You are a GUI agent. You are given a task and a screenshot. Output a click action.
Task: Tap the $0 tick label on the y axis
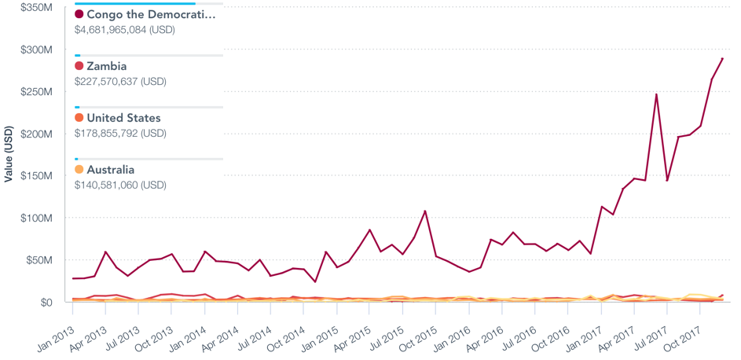point(46,302)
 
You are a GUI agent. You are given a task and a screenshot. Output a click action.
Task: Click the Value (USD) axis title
point(8,153)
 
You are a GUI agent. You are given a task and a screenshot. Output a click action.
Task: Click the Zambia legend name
point(106,66)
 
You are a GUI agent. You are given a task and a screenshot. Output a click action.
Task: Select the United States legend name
point(123,118)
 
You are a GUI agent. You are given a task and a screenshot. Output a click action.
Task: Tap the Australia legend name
point(110,170)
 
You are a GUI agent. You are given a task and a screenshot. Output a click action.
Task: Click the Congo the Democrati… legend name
point(150,14)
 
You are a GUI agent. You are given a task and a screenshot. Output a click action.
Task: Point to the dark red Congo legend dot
point(79,14)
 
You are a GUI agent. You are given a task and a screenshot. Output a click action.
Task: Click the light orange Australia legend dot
point(79,170)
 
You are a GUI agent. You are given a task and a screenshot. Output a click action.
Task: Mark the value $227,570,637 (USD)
point(120,82)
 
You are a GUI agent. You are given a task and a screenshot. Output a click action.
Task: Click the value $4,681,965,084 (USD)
point(124,30)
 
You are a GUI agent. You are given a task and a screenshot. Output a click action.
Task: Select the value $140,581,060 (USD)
point(120,186)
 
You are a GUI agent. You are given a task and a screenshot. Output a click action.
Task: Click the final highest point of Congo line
point(722,58)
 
